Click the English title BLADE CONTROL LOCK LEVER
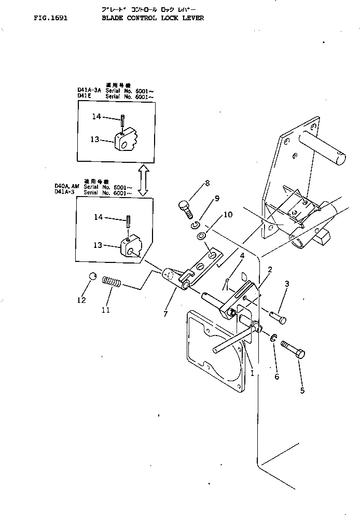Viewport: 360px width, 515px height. point(153,17)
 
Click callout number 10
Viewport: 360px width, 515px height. point(228,214)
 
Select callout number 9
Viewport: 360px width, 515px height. point(217,198)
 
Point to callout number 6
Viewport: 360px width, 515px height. point(276,377)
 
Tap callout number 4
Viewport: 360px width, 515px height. point(242,256)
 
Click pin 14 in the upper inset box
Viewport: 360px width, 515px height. point(121,122)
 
